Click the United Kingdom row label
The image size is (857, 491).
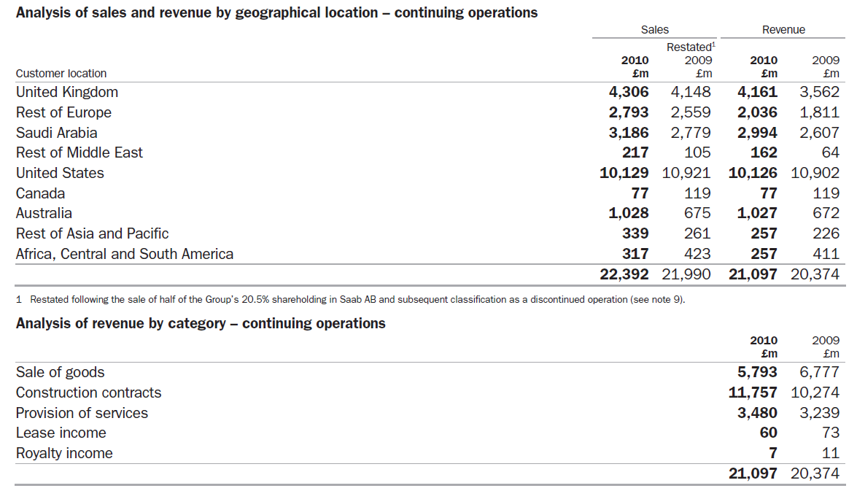(x=67, y=92)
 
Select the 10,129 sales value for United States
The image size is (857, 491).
(x=624, y=173)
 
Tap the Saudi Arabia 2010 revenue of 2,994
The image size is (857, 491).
(x=753, y=133)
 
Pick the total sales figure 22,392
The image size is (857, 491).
(x=624, y=274)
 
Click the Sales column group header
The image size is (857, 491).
(x=654, y=30)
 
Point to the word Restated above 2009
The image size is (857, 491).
(x=689, y=47)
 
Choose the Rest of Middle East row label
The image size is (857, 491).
(x=80, y=152)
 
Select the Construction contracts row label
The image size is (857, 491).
(x=89, y=393)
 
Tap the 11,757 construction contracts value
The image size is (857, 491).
(x=753, y=393)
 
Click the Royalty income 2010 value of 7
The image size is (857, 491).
(x=772, y=453)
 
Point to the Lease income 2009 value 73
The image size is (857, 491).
(x=830, y=433)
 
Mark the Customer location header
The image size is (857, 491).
(x=61, y=73)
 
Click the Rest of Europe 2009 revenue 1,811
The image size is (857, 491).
(x=819, y=112)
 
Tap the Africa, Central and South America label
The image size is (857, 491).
(x=125, y=254)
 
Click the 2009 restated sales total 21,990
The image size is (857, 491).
(x=686, y=274)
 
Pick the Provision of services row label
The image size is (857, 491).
(x=82, y=413)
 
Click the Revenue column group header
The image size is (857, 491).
(x=783, y=30)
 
